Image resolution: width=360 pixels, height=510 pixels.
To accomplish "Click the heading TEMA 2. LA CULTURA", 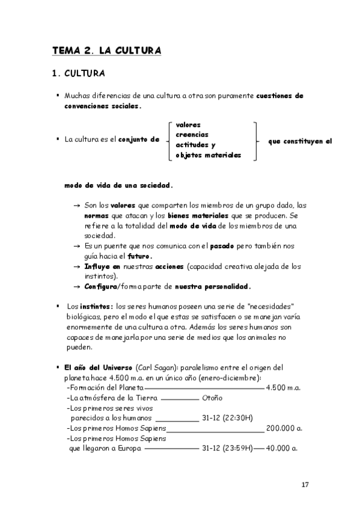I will (106, 51).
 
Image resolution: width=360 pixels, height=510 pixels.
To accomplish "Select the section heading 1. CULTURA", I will (79, 75).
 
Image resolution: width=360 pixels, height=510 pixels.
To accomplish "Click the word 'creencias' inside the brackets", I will (192, 134).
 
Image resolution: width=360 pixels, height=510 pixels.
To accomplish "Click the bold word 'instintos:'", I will (97, 305).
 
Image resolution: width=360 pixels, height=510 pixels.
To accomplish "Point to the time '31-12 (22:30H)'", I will (228, 419).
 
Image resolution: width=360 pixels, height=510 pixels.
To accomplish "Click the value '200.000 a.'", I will (284, 429).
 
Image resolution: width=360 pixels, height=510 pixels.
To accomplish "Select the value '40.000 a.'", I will (285, 449).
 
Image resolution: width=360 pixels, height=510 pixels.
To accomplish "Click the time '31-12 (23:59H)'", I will (228, 449).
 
